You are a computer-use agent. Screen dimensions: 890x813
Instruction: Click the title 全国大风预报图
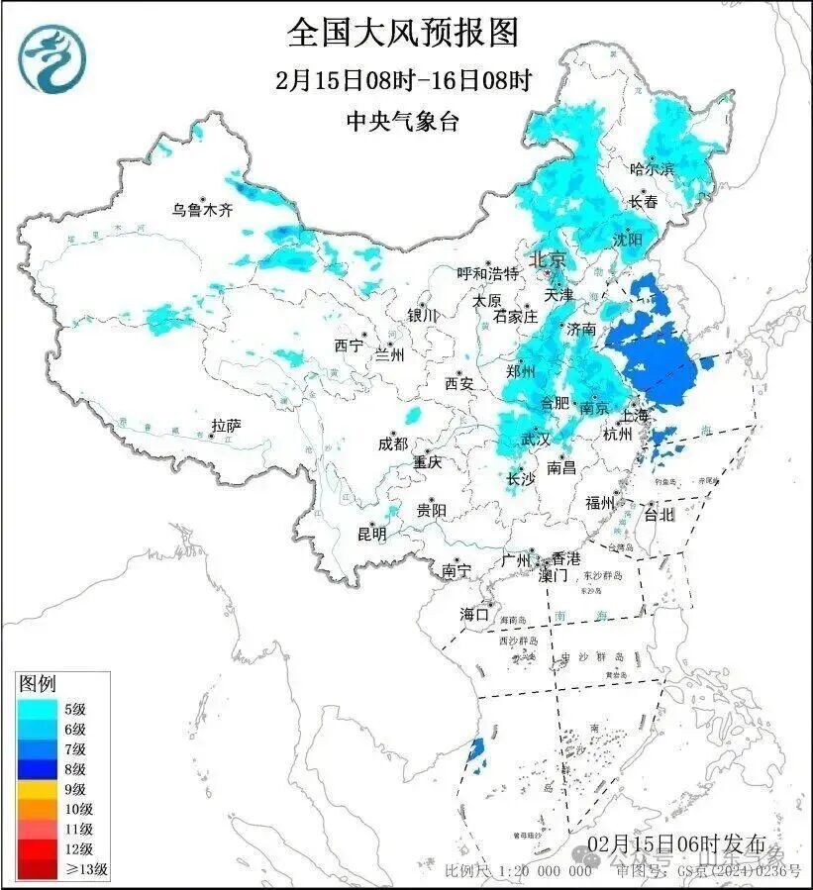coord(403,33)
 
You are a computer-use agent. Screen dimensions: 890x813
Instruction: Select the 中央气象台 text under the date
coord(403,121)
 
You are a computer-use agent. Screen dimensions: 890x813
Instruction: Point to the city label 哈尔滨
coord(652,169)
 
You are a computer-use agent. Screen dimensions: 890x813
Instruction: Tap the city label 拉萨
coord(226,426)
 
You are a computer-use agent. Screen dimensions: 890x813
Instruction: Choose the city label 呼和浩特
coord(487,273)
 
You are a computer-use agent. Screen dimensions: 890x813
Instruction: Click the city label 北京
coord(547,260)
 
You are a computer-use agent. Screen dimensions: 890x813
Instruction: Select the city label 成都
coord(392,445)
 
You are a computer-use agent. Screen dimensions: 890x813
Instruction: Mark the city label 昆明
coord(372,534)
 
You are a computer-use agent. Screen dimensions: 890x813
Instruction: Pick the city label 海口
coord(474,615)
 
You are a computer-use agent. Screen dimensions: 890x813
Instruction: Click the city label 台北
coord(659,514)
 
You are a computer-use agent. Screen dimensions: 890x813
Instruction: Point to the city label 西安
coord(459,382)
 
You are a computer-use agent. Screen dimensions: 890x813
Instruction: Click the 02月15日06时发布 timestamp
coord(675,844)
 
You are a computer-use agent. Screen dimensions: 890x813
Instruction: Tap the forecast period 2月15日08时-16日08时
coord(403,80)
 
